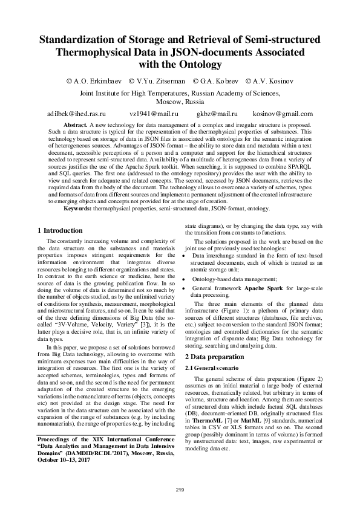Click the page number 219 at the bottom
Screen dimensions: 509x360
pos(180,488)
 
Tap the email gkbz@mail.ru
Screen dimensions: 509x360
pos(217,114)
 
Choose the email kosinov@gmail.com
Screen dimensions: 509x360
pos(283,114)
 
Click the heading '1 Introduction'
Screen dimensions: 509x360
pos(60,230)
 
